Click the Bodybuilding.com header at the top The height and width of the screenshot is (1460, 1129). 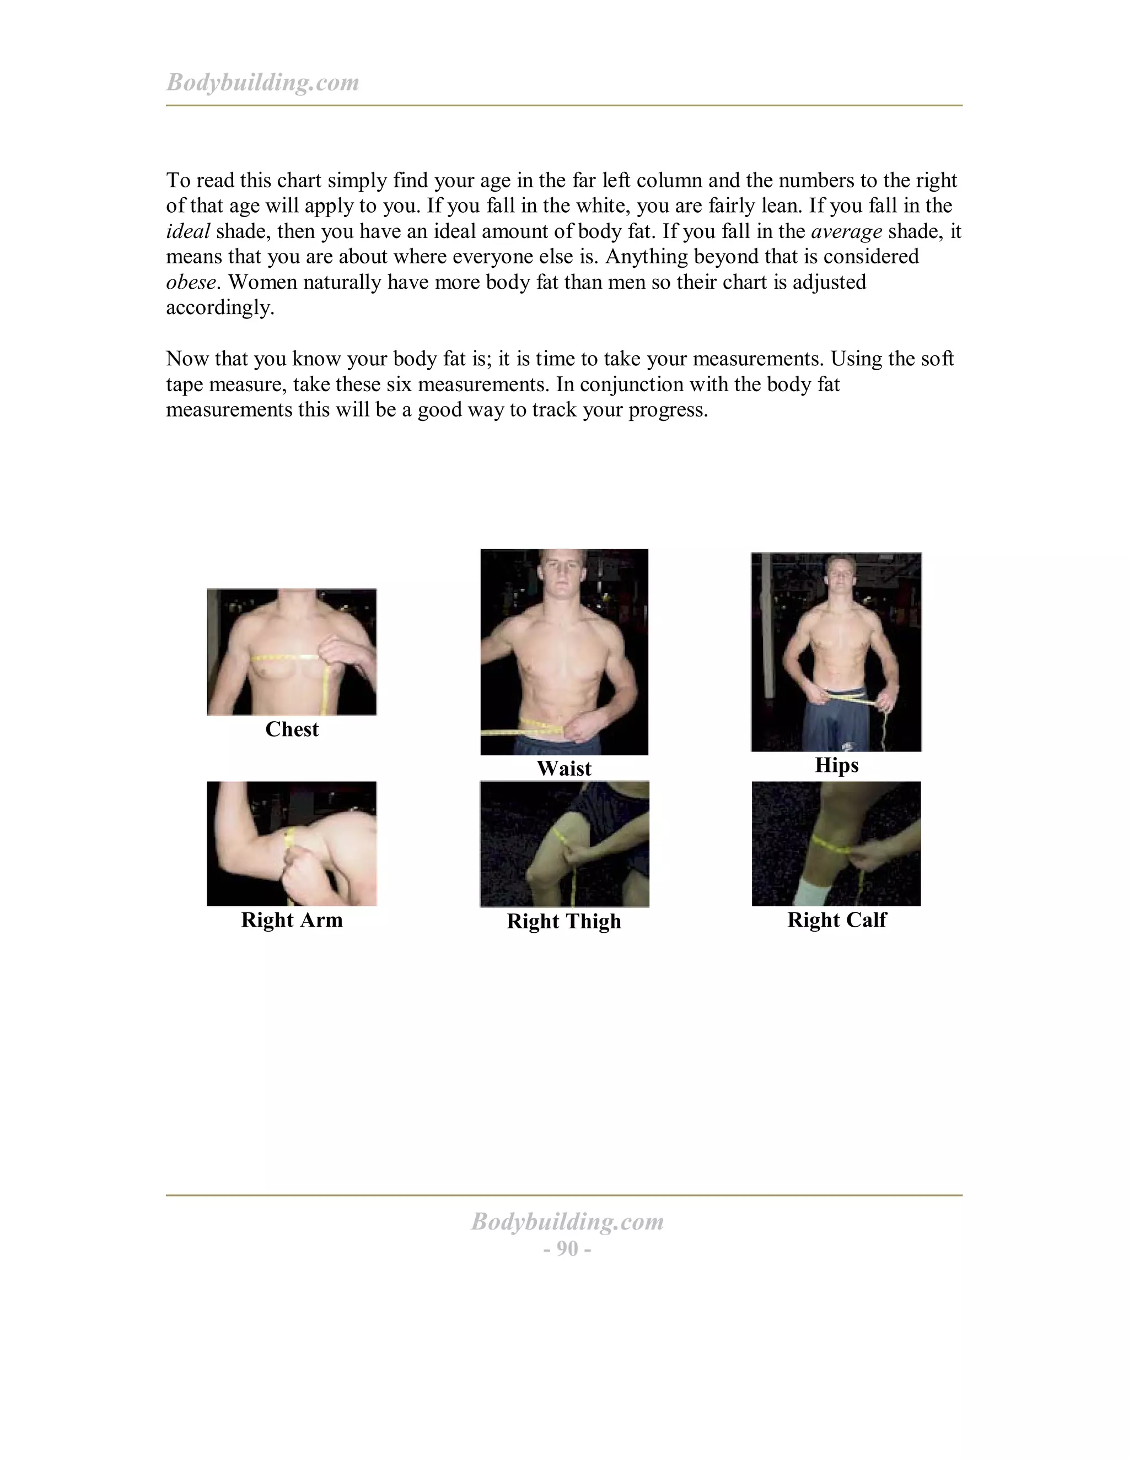point(262,82)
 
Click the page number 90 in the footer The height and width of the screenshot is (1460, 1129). point(567,1248)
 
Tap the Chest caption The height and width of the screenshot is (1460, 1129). point(292,729)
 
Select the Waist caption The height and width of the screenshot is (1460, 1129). point(564,768)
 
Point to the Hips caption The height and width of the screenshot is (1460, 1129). point(836,765)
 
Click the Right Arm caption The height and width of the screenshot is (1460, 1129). point(292,920)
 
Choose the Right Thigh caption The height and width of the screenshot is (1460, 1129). point(564,921)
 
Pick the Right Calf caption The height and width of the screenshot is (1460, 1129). point(836,920)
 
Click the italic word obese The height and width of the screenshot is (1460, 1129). point(191,282)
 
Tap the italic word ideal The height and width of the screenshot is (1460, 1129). point(187,231)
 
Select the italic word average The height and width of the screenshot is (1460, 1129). point(846,231)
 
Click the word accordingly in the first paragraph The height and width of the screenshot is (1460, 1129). point(219,307)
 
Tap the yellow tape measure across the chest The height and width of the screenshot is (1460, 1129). point(288,658)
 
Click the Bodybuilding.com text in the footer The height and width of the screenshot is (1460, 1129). point(567,1221)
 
